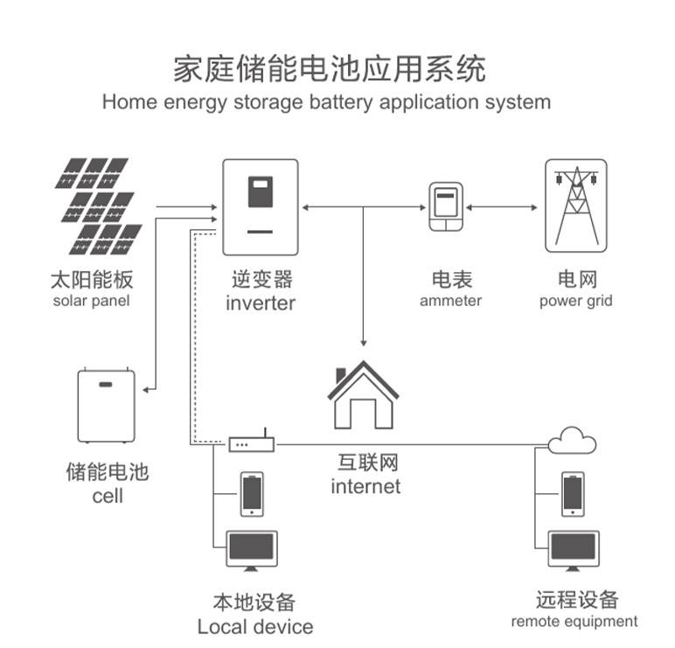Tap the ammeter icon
click(445, 207)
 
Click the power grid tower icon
click(574, 206)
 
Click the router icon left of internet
click(252, 445)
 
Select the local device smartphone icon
click(252, 494)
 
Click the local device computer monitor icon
click(251, 551)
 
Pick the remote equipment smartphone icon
click(573, 494)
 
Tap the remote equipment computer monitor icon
click(574, 551)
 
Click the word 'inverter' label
click(261, 303)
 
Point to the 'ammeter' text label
click(450, 301)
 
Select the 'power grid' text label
click(575, 301)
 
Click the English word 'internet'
click(365, 486)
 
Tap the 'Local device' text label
click(254, 626)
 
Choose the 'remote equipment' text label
click(574, 622)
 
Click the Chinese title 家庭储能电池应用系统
click(329, 68)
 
